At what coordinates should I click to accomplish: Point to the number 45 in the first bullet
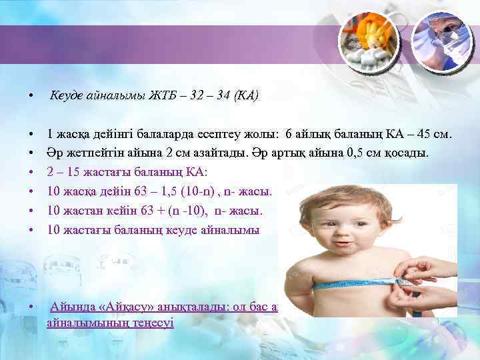point(421,134)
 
